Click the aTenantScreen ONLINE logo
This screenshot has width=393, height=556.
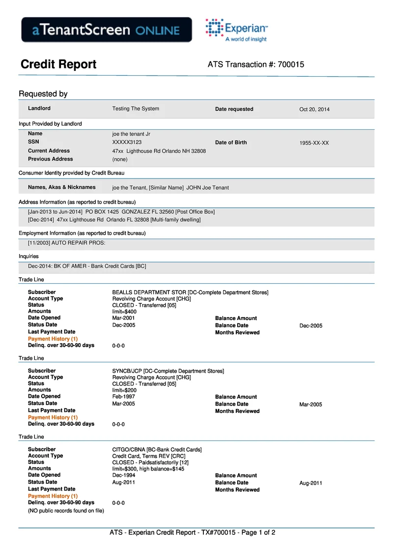click(106, 29)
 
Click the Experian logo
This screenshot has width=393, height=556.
click(237, 29)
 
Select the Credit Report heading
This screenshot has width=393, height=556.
click(58, 64)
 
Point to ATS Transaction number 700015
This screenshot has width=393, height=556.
click(256, 64)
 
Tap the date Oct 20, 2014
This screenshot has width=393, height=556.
click(314, 109)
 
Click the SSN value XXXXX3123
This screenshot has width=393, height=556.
click(127, 142)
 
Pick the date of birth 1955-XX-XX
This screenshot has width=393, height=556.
click(314, 143)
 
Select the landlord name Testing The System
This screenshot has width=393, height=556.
click(136, 109)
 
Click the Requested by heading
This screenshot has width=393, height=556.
click(43, 94)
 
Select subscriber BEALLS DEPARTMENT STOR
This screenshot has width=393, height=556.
click(190, 293)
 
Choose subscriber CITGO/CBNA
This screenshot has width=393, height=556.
click(157, 450)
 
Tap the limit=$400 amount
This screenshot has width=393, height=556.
click(124, 312)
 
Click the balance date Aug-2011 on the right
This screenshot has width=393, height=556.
click(310, 483)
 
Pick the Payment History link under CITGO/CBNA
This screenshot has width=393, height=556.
click(53, 496)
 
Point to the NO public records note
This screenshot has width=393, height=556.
click(66, 510)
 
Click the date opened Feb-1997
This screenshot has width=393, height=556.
click(123, 397)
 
